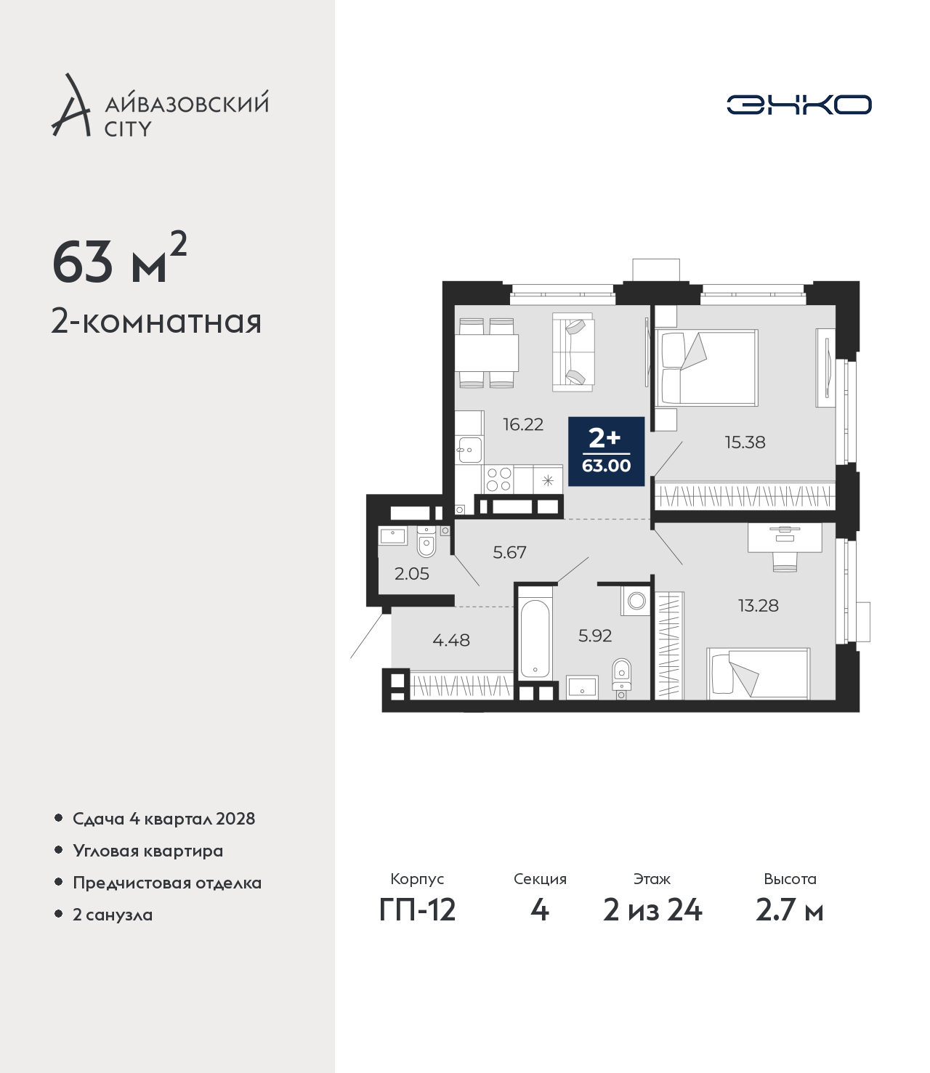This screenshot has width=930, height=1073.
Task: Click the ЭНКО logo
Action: pos(798,105)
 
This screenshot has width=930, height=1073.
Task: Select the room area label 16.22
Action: pos(523,424)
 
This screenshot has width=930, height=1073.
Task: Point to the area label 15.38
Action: pos(745,442)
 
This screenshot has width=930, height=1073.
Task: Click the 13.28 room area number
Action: pos(758,605)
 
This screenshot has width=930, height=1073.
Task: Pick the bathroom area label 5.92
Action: pos(595,636)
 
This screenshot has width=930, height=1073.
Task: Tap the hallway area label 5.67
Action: pos(509,552)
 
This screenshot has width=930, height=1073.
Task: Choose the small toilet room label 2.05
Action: pos(412,574)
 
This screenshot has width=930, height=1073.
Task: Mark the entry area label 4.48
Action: pos(450,640)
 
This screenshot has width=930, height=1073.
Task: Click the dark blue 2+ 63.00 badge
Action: pos(606,452)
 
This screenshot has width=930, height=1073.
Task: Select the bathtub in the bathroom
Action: pos(534,638)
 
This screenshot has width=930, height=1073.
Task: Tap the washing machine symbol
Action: pos(636,601)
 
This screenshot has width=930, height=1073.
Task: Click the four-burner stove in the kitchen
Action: pos(498,479)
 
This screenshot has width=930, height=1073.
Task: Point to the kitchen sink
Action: pos(469,450)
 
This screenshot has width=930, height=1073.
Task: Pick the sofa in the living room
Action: pos(573,352)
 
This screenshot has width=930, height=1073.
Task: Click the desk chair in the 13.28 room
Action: pos(784,561)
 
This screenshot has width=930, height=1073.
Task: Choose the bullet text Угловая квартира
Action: pos(148,851)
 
